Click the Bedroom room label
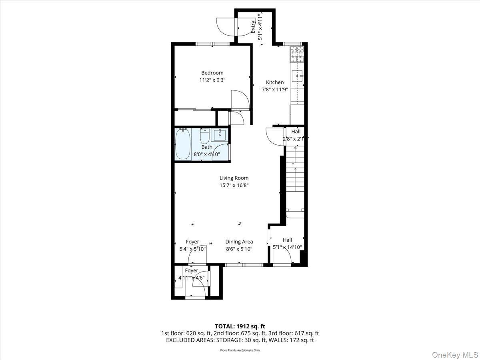(x=212, y=73)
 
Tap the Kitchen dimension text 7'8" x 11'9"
(x=275, y=90)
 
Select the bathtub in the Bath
(x=182, y=144)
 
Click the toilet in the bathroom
(x=204, y=136)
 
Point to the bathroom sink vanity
(x=219, y=135)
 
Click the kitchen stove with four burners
(x=296, y=54)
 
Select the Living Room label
(x=234, y=178)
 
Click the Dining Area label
(x=239, y=242)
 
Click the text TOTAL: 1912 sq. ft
(x=240, y=326)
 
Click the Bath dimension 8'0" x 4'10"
(x=207, y=154)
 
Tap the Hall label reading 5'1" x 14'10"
(x=287, y=247)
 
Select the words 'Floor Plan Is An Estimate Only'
(x=240, y=350)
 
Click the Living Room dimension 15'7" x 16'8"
(x=234, y=185)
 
